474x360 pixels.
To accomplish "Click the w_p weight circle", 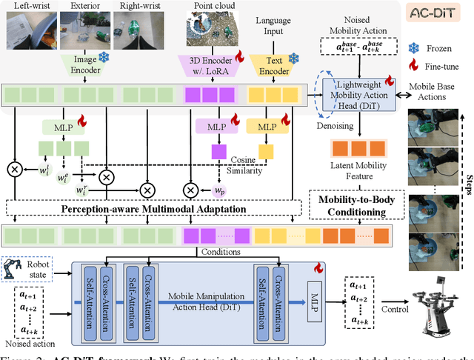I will point(239,190).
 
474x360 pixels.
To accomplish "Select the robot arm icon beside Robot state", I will point(13,268).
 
